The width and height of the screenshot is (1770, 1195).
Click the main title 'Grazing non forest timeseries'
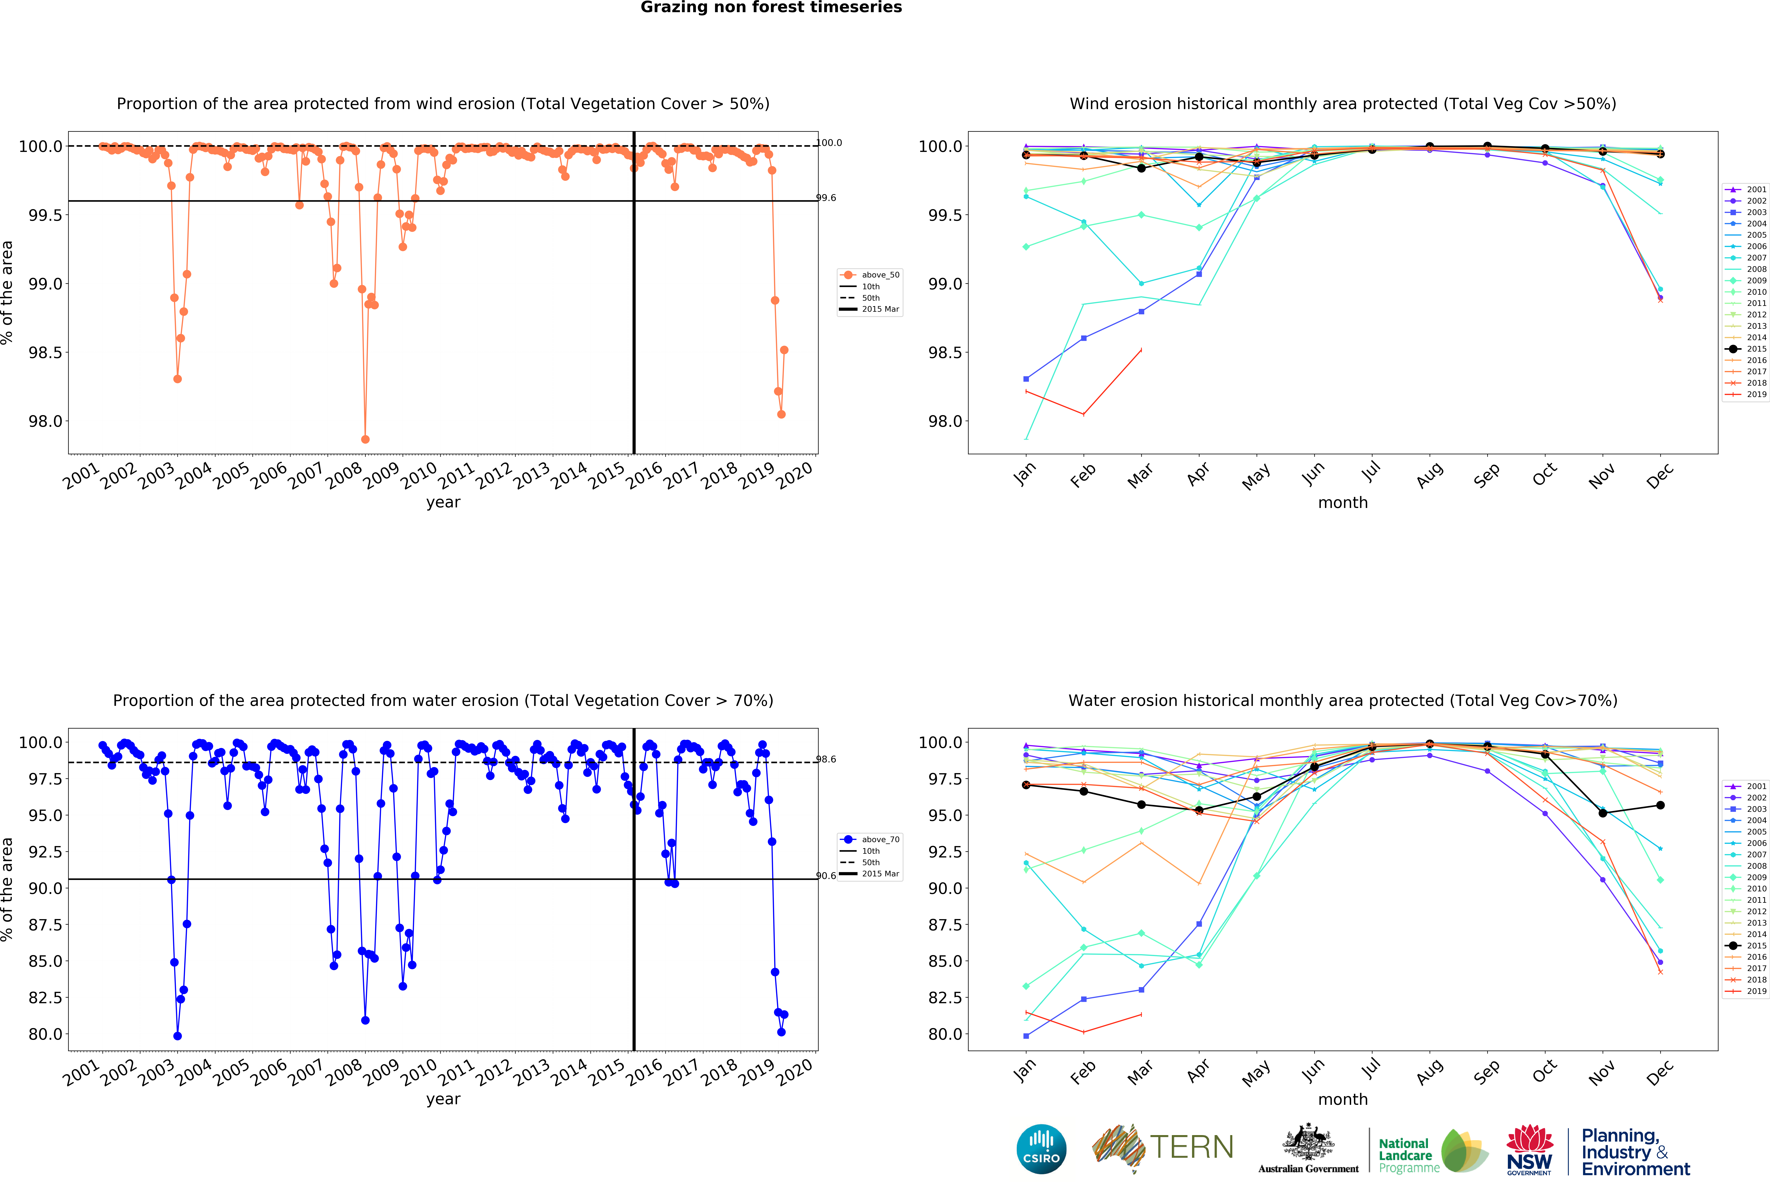point(771,8)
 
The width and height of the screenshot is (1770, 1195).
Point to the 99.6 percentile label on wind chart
point(826,198)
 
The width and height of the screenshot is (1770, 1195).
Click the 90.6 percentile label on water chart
point(826,876)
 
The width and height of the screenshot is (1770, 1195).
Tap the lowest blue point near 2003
point(178,1036)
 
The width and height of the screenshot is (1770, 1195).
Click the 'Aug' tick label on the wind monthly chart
point(1429,475)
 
